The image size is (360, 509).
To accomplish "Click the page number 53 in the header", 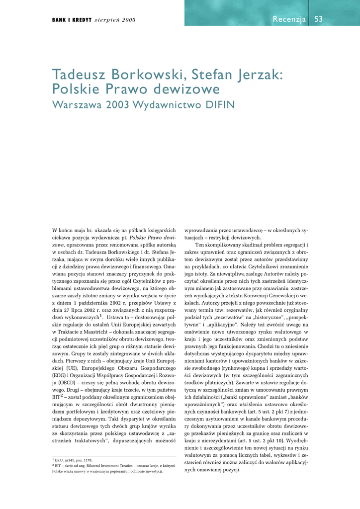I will click(x=319, y=19).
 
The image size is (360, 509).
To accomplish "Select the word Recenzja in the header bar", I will click(x=289, y=19).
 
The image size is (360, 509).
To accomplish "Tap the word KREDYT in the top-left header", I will click(x=77, y=20).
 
